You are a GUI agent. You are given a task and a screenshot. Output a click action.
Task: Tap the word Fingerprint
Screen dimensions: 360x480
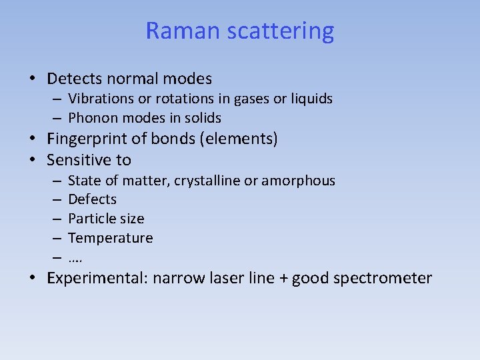tap(90, 139)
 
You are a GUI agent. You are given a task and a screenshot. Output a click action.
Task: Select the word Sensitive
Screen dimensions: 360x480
tap(79, 160)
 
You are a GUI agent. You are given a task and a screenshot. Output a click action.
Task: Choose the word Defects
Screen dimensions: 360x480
tap(92, 199)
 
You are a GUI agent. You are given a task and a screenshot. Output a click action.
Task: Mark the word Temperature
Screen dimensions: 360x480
tap(111, 238)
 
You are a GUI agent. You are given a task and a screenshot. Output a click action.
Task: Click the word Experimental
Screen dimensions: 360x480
tap(97, 279)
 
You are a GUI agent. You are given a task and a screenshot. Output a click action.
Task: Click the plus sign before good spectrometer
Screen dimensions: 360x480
tap(283, 279)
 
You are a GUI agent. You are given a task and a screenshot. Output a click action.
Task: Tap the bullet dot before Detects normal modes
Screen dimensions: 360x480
tap(33, 79)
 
